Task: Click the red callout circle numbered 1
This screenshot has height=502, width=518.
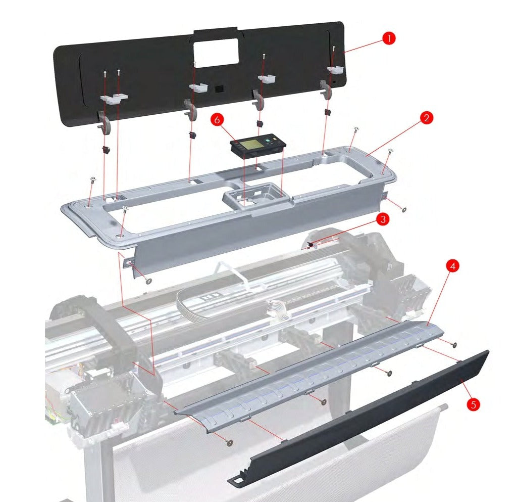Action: pos(388,38)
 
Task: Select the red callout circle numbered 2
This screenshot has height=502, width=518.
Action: pos(426,118)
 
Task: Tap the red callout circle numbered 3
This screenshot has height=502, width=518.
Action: pos(383,219)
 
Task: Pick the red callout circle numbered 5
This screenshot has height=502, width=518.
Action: pos(473,404)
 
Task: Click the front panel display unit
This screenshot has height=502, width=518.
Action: pos(258,146)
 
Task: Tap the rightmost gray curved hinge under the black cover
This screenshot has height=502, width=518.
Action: pos(326,89)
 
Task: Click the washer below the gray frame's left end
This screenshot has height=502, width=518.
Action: pos(148,281)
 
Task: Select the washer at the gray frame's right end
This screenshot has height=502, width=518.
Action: pos(403,209)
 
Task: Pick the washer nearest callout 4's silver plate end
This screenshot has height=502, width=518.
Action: pos(454,345)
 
